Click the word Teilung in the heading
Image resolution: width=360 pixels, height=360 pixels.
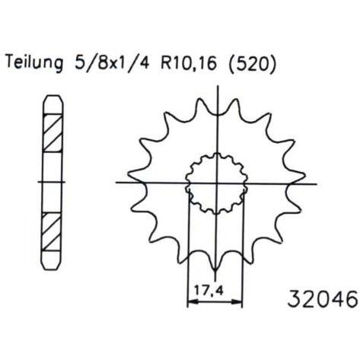[34, 62]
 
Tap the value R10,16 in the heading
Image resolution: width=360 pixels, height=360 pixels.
[189, 62]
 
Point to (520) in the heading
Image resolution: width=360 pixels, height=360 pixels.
[252, 62]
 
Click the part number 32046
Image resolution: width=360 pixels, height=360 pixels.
[323, 299]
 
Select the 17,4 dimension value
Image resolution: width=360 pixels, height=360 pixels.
[209, 290]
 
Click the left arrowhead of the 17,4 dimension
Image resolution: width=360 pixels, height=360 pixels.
[193, 302]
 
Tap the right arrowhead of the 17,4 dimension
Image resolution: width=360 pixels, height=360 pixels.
[237, 302]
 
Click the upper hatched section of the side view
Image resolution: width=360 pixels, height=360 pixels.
[53, 133]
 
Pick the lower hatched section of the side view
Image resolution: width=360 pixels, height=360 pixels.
[52, 231]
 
